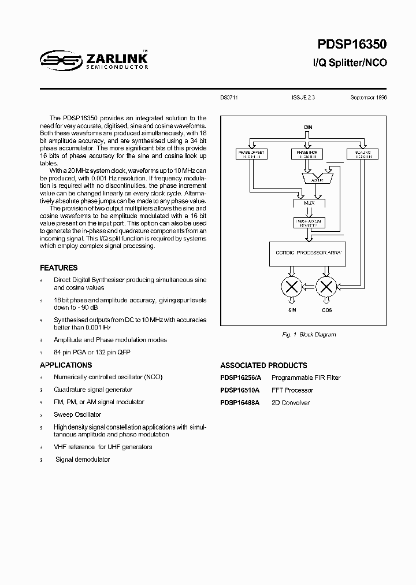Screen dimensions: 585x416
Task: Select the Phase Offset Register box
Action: coord(252,154)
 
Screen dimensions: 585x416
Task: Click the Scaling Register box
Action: coord(362,154)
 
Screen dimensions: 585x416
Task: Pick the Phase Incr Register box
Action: coord(307,154)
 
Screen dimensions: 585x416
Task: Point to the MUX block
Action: coord(309,203)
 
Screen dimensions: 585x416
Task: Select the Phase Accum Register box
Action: coord(309,223)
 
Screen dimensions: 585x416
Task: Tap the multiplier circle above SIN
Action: coord(292,286)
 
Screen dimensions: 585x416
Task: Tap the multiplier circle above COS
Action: coord(326,286)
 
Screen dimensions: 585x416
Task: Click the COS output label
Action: coord(326,310)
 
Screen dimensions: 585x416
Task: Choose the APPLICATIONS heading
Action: coord(66,365)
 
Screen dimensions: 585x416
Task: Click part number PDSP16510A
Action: coord(240,390)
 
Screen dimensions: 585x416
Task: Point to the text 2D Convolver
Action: coord(291,402)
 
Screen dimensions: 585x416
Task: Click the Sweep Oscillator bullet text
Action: coord(77,414)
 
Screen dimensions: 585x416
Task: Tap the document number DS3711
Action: coord(229,98)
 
